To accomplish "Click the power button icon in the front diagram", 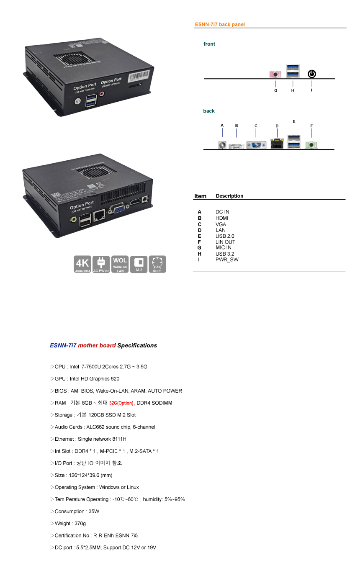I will (312, 74).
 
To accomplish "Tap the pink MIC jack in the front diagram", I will (275, 75).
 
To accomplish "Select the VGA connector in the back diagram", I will (256, 145).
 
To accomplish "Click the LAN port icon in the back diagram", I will (277, 144).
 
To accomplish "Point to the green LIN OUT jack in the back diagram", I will (311, 145).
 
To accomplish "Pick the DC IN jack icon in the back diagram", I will (222, 145).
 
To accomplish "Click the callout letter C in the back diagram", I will (256, 126).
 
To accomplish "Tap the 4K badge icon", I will (82, 264).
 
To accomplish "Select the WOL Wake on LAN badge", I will (120, 264).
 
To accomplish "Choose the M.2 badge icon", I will (139, 264).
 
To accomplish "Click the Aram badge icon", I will (157, 264).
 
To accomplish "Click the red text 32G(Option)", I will (121, 403).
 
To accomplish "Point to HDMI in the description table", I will (222, 218).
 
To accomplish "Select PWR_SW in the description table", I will (227, 260).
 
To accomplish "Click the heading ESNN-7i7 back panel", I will (220, 25).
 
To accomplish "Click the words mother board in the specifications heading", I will (97, 345).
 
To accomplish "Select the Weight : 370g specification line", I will (70, 524).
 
